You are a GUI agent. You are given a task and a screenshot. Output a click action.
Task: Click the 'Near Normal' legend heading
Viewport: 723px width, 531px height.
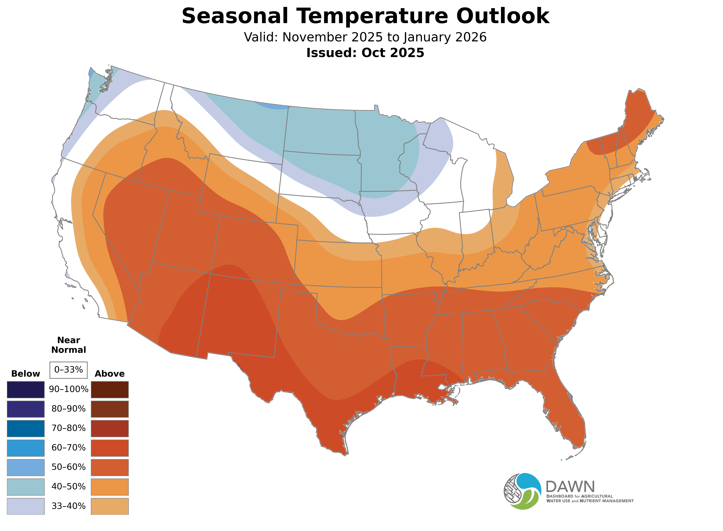pos(68,345)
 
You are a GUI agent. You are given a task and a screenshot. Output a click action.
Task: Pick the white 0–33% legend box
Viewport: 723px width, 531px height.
pos(68,370)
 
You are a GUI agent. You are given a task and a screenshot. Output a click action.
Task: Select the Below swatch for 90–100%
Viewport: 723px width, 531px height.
pos(26,390)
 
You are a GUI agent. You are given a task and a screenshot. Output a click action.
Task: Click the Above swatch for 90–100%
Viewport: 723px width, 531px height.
pos(110,390)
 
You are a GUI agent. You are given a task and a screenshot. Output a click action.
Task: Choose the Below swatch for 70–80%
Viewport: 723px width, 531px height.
pos(26,428)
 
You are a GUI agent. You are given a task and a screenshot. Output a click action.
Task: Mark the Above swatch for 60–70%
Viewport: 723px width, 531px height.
pos(110,448)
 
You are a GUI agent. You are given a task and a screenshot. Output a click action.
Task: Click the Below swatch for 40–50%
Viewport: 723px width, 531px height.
pos(26,487)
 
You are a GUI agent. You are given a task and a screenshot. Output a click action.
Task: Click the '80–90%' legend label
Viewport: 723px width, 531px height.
pos(68,409)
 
